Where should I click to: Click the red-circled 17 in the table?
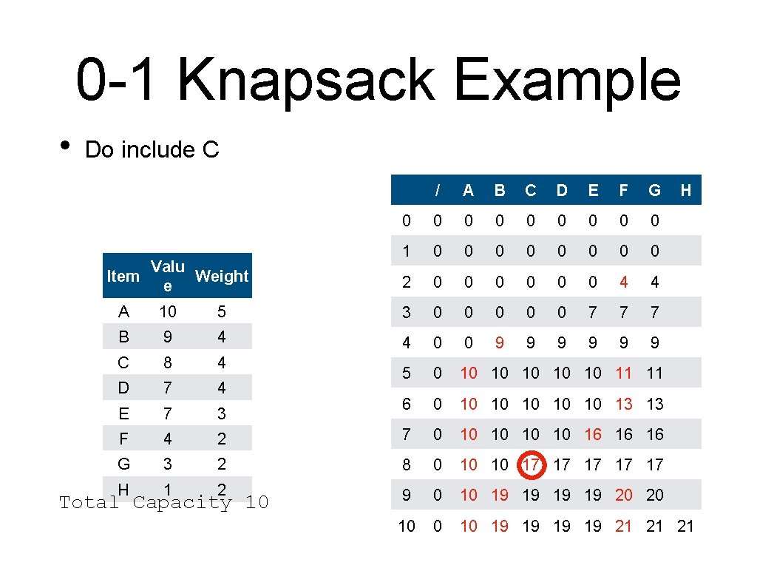coord(531,465)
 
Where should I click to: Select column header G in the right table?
coord(654,190)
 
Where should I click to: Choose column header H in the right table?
coord(685,190)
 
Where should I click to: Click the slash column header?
coord(438,190)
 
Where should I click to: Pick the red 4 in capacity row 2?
coord(623,282)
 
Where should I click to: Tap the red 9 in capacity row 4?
coord(500,342)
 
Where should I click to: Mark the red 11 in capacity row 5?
coord(623,373)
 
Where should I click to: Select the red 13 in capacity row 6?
coord(623,404)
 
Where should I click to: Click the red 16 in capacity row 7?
coord(592,434)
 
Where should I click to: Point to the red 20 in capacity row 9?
coord(623,495)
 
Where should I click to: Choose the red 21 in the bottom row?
coord(623,526)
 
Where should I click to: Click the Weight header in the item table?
coord(222,277)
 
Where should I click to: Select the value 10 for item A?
coord(167,311)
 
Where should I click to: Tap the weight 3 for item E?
coord(222,413)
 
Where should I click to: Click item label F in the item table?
coord(123,439)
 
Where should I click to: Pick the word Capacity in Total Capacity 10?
coord(183,503)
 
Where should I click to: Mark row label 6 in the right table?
coord(407,404)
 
